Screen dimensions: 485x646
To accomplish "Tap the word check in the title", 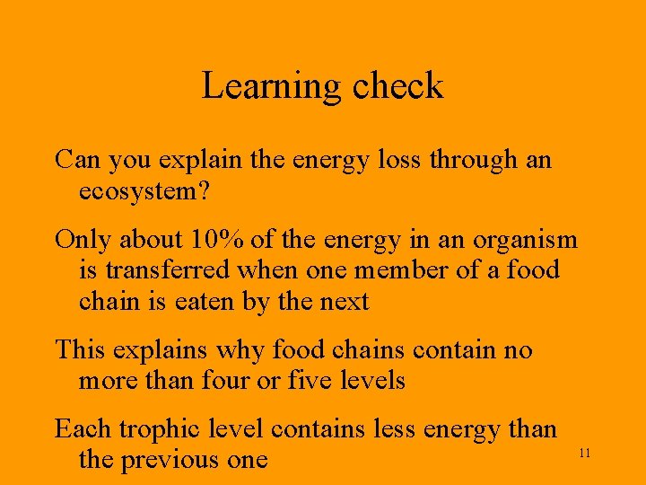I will tap(397, 86).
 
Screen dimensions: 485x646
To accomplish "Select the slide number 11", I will tap(584, 454).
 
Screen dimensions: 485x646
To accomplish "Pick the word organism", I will tap(527, 241).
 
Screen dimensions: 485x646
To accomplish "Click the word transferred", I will tap(170, 270).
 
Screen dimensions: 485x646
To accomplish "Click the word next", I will tap(344, 301).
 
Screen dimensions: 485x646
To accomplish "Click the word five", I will tap(311, 380).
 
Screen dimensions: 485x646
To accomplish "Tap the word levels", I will tap(372, 380).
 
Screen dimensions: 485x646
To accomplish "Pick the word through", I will tap(471, 160).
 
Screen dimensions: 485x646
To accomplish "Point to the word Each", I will tap(83, 429).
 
